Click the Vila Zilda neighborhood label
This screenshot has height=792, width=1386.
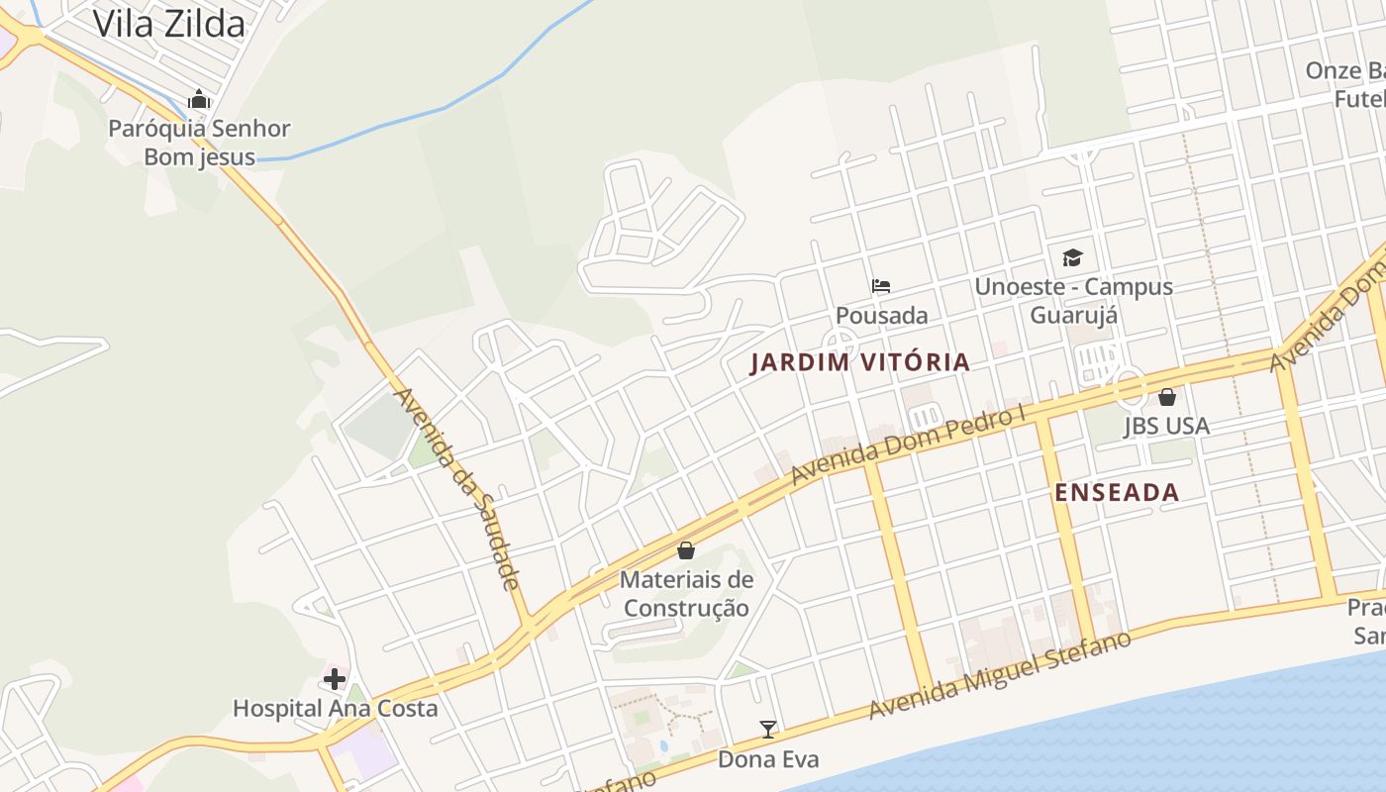click(168, 24)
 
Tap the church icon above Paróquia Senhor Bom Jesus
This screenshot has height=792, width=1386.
click(199, 100)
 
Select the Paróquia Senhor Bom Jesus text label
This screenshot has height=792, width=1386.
click(199, 143)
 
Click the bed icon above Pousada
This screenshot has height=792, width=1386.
click(881, 286)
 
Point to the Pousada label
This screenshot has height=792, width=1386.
click(881, 316)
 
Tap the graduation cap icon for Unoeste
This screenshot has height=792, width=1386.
click(1072, 258)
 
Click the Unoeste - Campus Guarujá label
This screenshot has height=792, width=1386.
click(1073, 300)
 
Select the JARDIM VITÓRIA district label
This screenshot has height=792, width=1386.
click(859, 362)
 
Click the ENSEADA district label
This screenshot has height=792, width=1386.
click(1117, 492)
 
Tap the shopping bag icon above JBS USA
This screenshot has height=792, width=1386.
click(1167, 397)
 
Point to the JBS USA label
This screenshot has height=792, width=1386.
click(1166, 426)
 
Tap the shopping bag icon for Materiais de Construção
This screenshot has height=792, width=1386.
click(685, 550)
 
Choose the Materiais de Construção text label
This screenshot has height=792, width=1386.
click(685, 593)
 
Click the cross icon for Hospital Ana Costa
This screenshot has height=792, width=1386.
click(335, 679)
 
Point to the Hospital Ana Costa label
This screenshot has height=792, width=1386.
click(335, 708)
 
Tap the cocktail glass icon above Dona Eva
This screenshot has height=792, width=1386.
click(767, 730)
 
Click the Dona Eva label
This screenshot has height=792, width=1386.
click(768, 759)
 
